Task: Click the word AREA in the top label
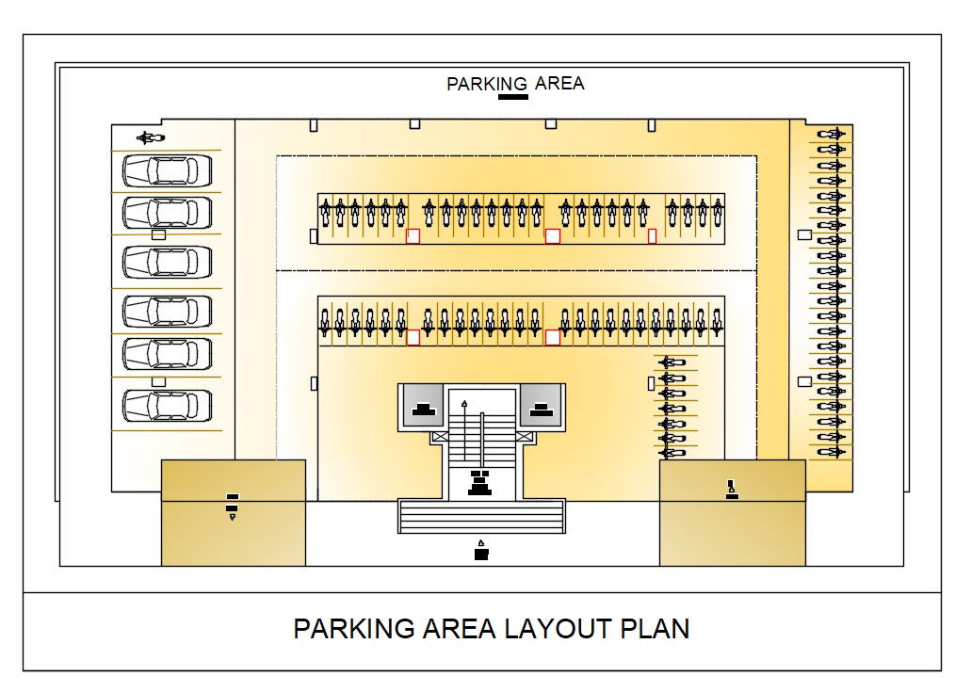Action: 559,83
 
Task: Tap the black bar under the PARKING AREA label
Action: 512,96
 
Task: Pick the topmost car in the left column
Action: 167,170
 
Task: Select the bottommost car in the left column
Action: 167,405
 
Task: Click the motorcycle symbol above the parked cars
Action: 150,138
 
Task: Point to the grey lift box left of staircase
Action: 424,405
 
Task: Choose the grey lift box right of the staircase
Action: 540,405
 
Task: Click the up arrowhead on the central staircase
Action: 463,402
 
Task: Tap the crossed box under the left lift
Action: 439,438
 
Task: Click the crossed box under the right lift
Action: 525,438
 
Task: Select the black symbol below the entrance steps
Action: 481,551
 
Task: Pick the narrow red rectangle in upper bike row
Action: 652,235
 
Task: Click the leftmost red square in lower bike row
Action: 413,337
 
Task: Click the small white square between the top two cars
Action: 158,234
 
